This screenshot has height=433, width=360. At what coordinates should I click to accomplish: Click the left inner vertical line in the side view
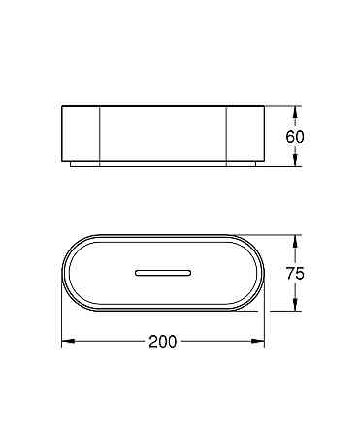point(100,135)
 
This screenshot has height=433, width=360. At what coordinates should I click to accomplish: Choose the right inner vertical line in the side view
point(226,135)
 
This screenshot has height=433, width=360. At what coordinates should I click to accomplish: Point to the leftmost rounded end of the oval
point(64,273)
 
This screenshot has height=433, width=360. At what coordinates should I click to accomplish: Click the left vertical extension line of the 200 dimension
point(62,325)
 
